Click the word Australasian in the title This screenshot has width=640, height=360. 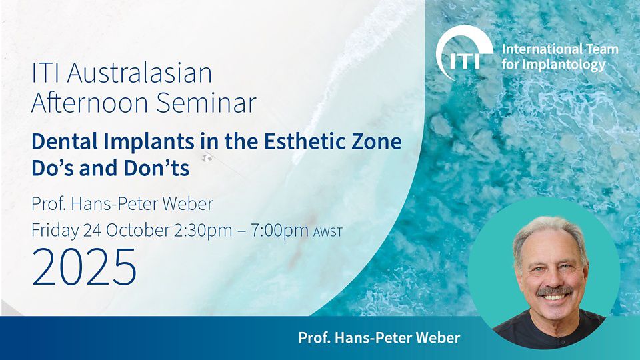(x=139, y=73)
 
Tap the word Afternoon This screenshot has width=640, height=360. (x=90, y=102)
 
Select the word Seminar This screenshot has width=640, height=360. (x=206, y=102)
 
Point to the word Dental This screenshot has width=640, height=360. (x=65, y=141)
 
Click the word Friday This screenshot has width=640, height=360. (x=55, y=231)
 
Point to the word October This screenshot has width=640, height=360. (x=137, y=231)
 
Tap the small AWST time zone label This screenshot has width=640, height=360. (x=328, y=232)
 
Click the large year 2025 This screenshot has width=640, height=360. (x=84, y=267)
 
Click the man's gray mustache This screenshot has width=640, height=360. (x=554, y=291)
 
